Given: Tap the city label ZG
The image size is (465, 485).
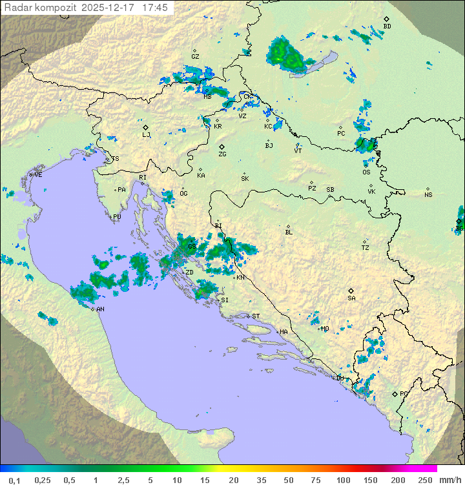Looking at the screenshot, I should click(x=222, y=154).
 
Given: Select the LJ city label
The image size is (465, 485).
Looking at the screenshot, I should click(x=146, y=135).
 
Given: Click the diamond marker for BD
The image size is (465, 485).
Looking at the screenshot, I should click(x=386, y=19).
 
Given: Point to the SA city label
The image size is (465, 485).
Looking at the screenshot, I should click(x=351, y=298).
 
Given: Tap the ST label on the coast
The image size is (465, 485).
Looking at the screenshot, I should click(x=256, y=316).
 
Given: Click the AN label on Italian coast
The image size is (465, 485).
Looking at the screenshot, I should click(x=101, y=309).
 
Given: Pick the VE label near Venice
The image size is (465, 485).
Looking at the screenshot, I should click(x=38, y=175).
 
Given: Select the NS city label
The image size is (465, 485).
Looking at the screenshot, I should click(x=428, y=195).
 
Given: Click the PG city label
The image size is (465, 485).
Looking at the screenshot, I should click(x=404, y=393).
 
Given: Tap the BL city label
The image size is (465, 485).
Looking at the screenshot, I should click(x=289, y=232).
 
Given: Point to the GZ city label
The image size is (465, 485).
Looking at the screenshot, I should click(x=195, y=57).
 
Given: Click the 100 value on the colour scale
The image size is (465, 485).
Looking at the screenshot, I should click(x=343, y=480).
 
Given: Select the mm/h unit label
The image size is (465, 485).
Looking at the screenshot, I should click(x=448, y=480).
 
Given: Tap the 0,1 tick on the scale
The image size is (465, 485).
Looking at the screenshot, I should click(x=14, y=480).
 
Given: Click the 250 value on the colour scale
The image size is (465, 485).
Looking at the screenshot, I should click(x=425, y=480).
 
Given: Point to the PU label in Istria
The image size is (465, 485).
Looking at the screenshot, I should click(x=117, y=217).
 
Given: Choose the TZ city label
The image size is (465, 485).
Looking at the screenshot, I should click(x=366, y=247).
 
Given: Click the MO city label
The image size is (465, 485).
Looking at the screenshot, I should click(x=325, y=329).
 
